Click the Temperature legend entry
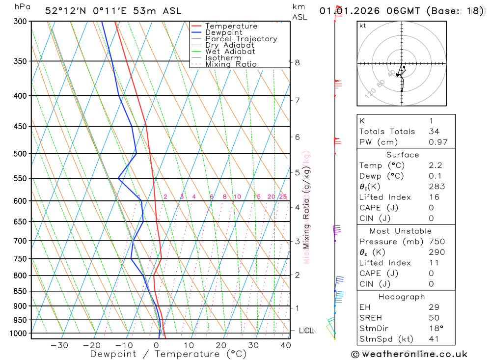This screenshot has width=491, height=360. pyautogui.click(x=231, y=26)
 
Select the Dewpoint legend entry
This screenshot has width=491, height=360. pyautogui.click(x=223, y=32)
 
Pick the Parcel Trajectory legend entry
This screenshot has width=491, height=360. pyautogui.click(x=241, y=39)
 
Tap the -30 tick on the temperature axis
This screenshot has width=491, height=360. pyautogui.click(x=59, y=345)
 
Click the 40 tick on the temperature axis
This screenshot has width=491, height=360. pyautogui.click(x=286, y=345)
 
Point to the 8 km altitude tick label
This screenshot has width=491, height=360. pyautogui.click(x=298, y=62)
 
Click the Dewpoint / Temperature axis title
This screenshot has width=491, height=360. pyautogui.click(x=168, y=354)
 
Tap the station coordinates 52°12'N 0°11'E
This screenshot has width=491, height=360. pyautogui.click(x=88, y=11)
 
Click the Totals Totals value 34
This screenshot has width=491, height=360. pyautogui.click(x=434, y=132)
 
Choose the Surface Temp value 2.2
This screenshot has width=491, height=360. pyautogui.click(x=435, y=166)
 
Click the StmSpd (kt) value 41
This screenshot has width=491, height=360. pyautogui.click(x=434, y=339)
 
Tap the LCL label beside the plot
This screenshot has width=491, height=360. pyautogui.click(x=306, y=331)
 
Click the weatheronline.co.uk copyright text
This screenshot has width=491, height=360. pyautogui.click(x=409, y=354)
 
